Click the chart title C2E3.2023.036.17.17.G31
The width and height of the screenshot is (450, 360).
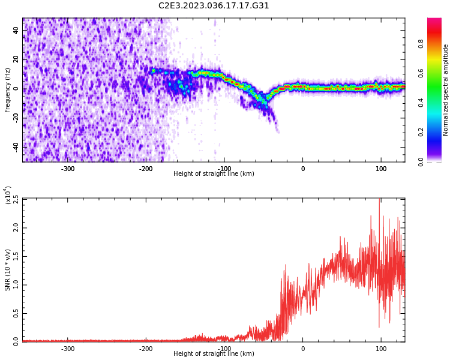[x=214, y=6]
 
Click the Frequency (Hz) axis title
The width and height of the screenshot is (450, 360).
[x=8, y=90]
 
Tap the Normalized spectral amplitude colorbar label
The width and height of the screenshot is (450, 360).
[x=446, y=90]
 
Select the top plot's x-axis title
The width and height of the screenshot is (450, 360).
[x=214, y=174]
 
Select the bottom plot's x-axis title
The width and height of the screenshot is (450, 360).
[x=214, y=354]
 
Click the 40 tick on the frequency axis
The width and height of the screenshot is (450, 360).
[x=16, y=31]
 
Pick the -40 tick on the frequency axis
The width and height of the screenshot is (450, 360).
[x=15, y=146]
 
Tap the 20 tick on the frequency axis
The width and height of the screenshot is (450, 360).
[x=16, y=60]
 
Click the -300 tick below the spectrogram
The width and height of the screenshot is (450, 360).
[x=68, y=169]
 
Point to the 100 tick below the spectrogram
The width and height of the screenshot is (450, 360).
[x=381, y=169]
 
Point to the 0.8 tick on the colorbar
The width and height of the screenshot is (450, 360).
[x=437, y=43]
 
